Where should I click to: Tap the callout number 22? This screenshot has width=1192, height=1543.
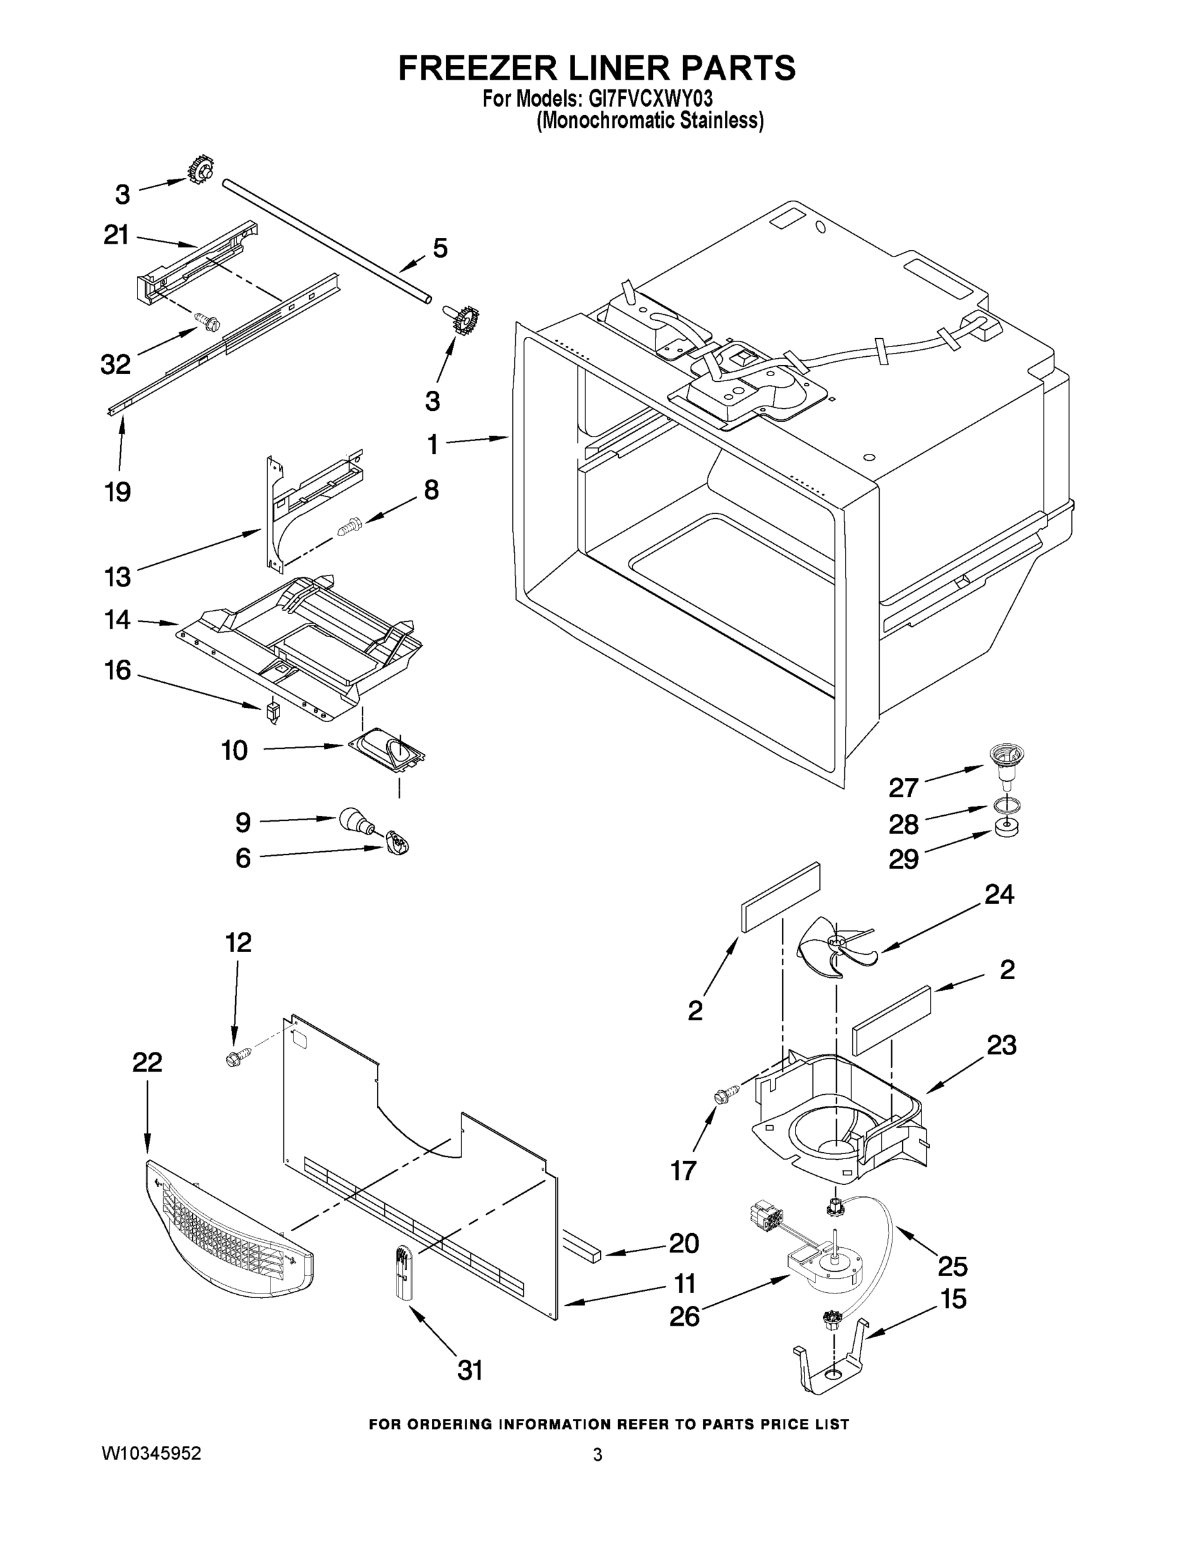tap(147, 1062)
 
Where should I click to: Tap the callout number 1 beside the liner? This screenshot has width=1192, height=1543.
tap(432, 445)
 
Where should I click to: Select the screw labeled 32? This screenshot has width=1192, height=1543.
tap(209, 323)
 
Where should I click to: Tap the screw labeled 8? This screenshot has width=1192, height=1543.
tap(350, 526)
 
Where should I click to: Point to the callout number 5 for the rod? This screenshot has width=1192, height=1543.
tap(440, 248)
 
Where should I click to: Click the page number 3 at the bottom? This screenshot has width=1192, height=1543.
tap(598, 1455)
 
